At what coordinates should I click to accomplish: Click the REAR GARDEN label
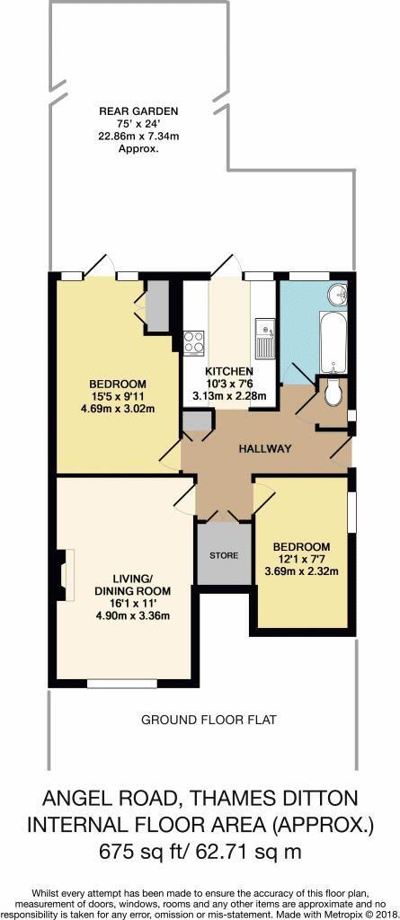[138, 111]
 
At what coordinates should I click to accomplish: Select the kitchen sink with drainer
[263, 339]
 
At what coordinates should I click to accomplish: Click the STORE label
[224, 555]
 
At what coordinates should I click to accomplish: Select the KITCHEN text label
[229, 372]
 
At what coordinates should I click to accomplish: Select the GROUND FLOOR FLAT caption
[208, 720]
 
